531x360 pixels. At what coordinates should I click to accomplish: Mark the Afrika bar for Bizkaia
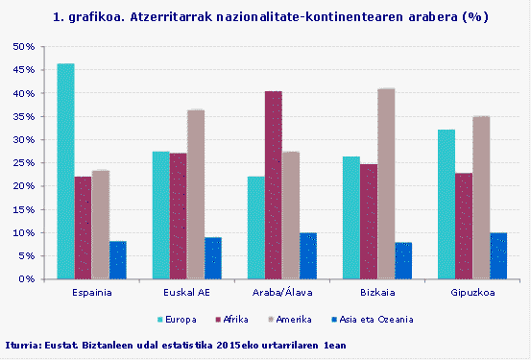[369, 221]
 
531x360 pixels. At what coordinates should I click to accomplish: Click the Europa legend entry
[178, 319]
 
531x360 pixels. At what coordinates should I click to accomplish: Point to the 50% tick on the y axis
[24, 46]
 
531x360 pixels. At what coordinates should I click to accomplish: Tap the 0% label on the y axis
[27, 279]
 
